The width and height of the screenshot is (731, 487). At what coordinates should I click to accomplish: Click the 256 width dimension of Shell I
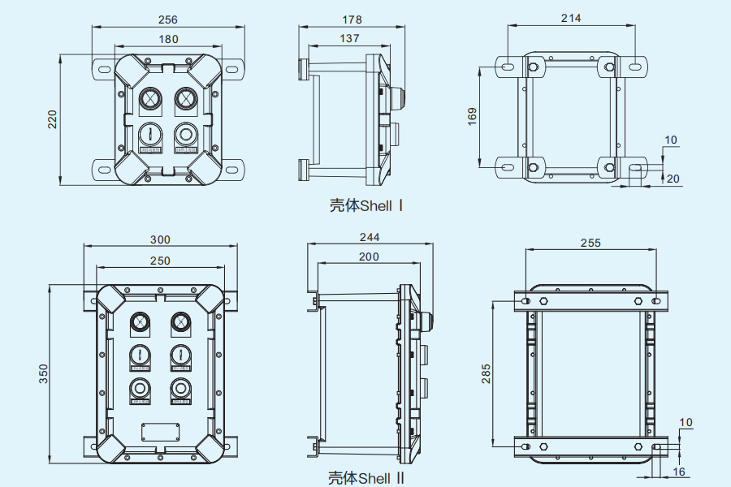pos(167,19)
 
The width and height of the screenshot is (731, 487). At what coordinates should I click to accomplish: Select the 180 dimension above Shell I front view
pos(167,39)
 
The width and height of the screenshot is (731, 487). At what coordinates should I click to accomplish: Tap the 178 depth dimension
pos(352,19)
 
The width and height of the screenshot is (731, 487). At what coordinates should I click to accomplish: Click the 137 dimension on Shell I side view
pos(349,38)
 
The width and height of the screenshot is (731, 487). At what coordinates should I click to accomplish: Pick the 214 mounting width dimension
pos(571,18)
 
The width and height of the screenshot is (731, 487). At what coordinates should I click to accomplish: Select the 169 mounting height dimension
pos(472,114)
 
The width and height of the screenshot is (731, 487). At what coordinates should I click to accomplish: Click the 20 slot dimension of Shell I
pos(673,179)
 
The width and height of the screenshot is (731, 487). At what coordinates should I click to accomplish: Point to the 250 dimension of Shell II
pos(160,260)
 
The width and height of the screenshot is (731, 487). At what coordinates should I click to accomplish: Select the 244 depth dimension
pos(370,237)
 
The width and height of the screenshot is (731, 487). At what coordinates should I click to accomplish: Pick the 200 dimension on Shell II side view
pos(369,256)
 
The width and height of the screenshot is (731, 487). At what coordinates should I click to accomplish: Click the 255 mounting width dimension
pos(590,242)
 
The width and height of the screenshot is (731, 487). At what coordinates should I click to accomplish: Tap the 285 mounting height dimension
pos(486,373)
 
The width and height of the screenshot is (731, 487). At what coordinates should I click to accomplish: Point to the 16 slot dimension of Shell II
pos(679,472)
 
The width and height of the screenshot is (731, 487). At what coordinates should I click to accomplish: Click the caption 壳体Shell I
pos(365,205)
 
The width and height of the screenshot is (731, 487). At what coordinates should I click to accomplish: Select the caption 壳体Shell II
pos(365,478)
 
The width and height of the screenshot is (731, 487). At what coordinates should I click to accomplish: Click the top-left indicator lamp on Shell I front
pos(149,99)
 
